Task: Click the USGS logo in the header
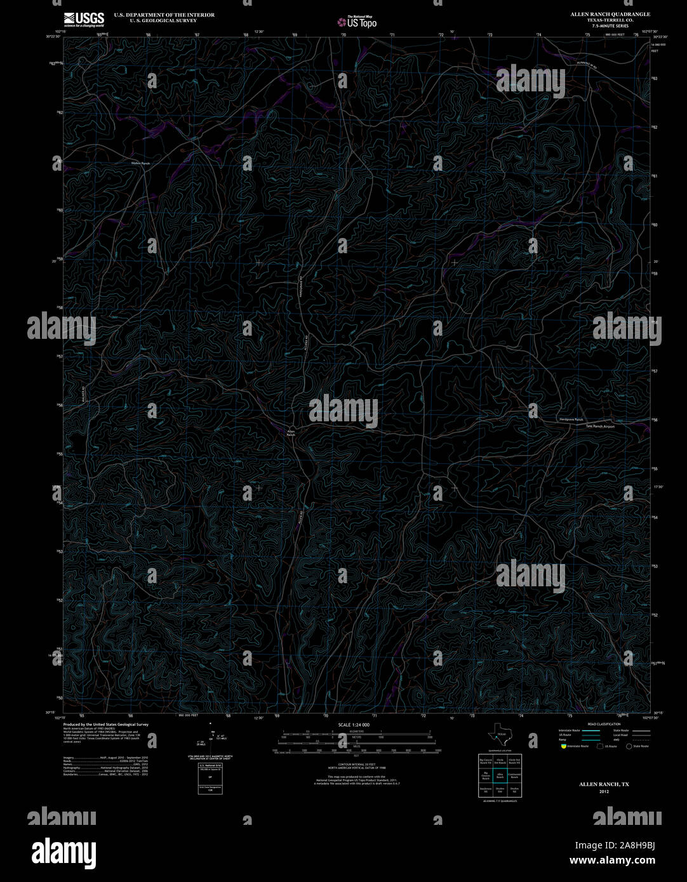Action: pos(84,19)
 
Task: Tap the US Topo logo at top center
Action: pos(357,22)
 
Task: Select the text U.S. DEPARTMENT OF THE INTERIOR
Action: pos(164,15)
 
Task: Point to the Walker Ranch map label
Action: pos(140,164)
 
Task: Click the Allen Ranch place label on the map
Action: pos(291,433)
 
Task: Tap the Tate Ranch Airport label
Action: pos(600,426)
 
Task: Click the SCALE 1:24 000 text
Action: pos(354,725)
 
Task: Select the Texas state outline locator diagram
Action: pos(498,738)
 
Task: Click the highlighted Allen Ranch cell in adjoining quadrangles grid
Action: pos(500,775)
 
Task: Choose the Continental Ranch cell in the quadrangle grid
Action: pos(514,775)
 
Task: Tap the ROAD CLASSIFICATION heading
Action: pos(604,724)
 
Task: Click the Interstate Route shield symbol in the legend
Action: pos(563,746)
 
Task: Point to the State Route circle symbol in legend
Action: pos(629,746)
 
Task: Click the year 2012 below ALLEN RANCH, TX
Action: pos(603,792)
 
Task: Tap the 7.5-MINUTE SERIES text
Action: pos(610,26)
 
